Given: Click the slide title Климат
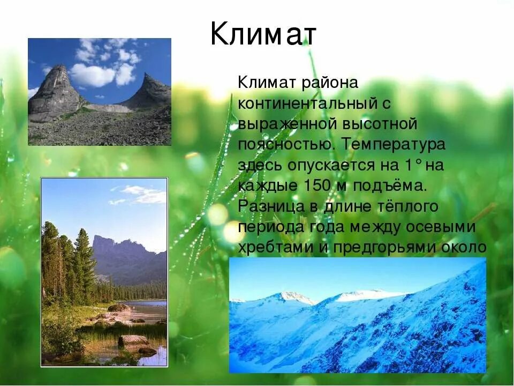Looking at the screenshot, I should click(x=263, y=35).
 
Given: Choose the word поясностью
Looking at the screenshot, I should click(x=284, y=145).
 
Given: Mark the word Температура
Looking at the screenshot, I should click(x=394, y=145).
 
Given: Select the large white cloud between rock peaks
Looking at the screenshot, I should click(x=93, y=75).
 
